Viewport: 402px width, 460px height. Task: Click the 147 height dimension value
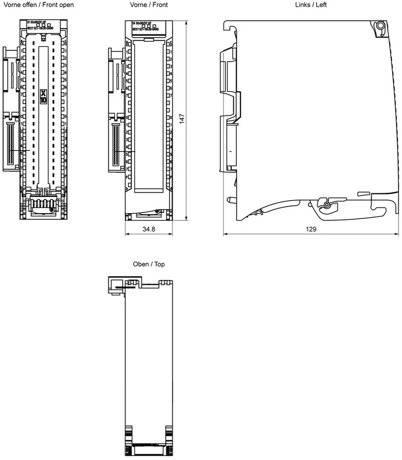(183, 120)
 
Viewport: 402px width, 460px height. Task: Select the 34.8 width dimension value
(149, 229)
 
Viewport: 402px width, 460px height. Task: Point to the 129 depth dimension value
(311, 229)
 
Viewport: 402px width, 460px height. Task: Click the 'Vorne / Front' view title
(149, 5)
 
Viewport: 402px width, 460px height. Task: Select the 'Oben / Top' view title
(149, 264)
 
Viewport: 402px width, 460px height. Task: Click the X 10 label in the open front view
(44, 97)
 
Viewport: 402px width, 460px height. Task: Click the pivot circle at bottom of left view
(327, 204)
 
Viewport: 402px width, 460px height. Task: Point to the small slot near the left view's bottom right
(363, 193)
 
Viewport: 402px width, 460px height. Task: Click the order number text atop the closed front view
(145, 29)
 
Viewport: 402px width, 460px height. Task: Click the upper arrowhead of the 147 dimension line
(187, 23)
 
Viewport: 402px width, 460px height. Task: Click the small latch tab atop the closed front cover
(149, 41)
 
